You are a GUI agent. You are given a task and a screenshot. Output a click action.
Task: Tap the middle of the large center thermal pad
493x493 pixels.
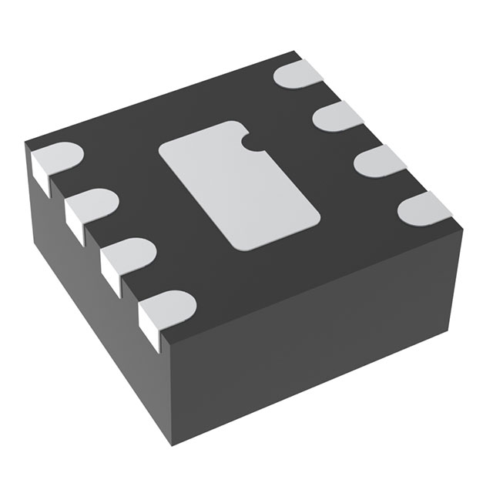click(x=240, y=185)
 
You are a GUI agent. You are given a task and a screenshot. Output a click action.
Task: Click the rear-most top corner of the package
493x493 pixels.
click(x=296, y=52)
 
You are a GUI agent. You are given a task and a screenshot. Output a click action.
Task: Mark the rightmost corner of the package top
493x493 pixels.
click(x=463, y=226)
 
